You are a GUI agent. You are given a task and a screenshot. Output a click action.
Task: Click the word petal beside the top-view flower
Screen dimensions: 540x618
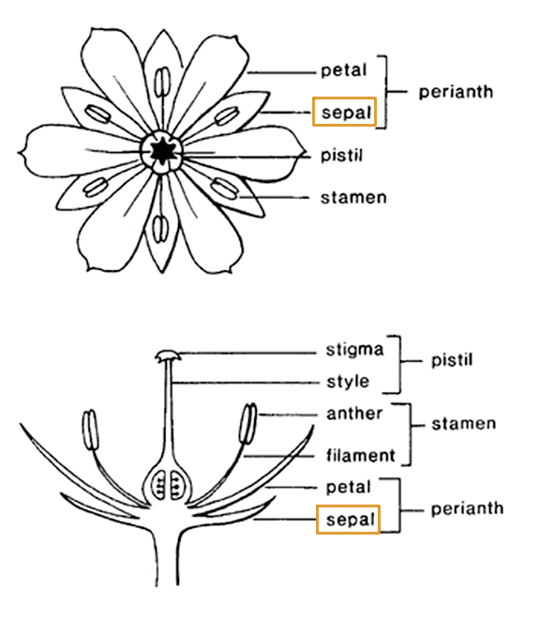coord(343,71)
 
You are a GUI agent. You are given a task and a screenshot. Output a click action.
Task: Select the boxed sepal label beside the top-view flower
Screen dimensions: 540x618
coord(344,112)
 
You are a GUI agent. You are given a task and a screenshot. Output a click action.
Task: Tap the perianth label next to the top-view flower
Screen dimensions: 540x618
coord(456,93)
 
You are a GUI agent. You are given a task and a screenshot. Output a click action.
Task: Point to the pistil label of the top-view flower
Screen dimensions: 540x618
coord(341,155)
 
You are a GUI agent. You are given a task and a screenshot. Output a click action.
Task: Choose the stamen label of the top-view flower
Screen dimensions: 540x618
coord(353,198)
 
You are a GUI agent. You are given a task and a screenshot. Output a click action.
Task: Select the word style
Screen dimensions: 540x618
coord(348,382)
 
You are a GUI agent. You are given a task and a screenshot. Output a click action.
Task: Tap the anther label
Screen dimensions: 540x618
coord(354,414)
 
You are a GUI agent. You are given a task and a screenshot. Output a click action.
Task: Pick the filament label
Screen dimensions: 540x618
coord(360,456)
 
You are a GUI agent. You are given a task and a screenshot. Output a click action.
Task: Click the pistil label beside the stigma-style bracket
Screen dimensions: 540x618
coord(452,360)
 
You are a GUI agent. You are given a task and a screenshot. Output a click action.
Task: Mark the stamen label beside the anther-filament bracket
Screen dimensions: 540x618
coord(463,424)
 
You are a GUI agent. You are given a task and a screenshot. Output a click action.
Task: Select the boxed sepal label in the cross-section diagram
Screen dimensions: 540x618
coord(348,520)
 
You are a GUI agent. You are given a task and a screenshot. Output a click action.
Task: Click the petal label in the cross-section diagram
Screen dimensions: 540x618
coord(348,488)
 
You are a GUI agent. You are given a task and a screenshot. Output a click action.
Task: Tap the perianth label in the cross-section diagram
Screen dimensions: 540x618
coord(467,509)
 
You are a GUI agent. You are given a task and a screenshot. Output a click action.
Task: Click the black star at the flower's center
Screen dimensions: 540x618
coord(161,151)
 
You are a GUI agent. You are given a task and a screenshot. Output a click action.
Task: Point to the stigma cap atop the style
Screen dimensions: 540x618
coord(168,355)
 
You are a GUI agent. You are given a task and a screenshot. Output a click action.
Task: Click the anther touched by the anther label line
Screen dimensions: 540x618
coord(248,424)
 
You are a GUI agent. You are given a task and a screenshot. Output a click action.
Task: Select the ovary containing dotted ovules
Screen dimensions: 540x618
coord(168,482)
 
